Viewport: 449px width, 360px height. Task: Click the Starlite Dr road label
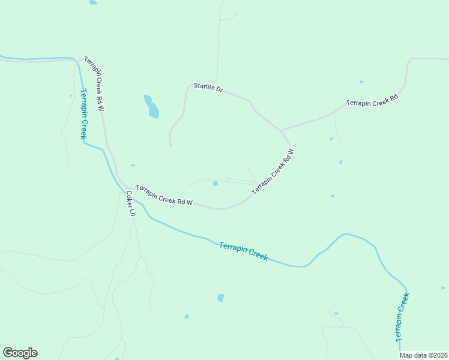click(x=208, y=88)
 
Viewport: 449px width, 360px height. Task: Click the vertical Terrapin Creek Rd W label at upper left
click(x=94, y=84)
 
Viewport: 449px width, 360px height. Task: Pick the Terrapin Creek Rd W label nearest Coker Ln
click(x=164, y=195)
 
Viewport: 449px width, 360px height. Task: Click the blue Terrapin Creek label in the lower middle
click(x=243, y=251)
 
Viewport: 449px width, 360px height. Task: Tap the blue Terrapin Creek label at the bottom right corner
click(x=403, y=317)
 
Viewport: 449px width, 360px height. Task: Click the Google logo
click(x=20, y=353)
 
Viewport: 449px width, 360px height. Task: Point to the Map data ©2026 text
click(x=424, y=355)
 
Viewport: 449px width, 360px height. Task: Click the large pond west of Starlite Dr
click(x=152, y=109)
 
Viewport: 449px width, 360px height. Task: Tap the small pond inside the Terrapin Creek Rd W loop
click(x=215, y=184)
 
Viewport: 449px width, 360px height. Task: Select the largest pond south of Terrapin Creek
click(x=221, y=298)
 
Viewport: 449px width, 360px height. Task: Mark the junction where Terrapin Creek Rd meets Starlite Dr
click(x=281, y=130)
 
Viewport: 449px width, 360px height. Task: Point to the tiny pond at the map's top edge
click(x=92, y=2)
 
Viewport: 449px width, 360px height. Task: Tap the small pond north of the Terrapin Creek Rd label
click(x=361, y=82)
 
